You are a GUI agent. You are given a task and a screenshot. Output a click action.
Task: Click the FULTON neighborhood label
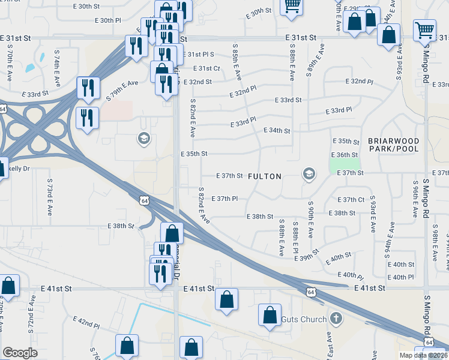click(x=264, y=176)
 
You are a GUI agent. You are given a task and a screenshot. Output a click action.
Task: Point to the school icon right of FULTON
click(x=309, y=174)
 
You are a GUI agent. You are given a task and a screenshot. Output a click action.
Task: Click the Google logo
click(x=20, y=353)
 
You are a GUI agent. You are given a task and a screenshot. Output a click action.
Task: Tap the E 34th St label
click(x=276, y=131)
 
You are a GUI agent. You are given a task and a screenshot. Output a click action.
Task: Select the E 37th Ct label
click(x=351, y=200)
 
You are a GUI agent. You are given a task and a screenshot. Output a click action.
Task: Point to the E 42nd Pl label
click(x=86, y=323)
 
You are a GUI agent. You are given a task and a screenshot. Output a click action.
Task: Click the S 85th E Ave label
click(x=237, y=61)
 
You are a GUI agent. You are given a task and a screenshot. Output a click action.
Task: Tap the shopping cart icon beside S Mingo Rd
click(x=424, y=29)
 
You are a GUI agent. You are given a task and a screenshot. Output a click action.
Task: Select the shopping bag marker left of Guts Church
click(x=270, y=314)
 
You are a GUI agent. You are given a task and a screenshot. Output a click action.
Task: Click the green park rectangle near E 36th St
click(x=345, y=164)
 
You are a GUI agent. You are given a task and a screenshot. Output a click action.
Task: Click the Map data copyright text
click(x=423, y=355)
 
